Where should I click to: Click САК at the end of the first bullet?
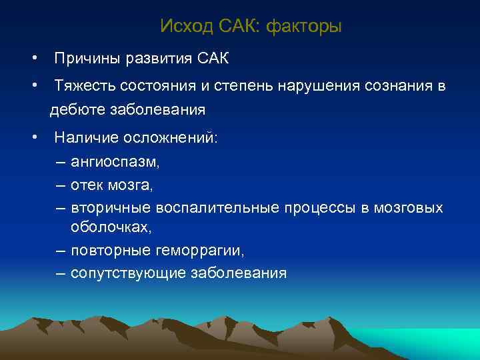pyautogui.click(x=213, y=59)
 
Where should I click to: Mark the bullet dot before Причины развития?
pyautogui.click(x=33, y=59)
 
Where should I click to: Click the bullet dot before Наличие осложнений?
pyautogui.click(x=33, y=138)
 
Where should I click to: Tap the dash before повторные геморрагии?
pyautogui.click(x=61, y=251)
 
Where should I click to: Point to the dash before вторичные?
pyautogui.click(x=61, y=208)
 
